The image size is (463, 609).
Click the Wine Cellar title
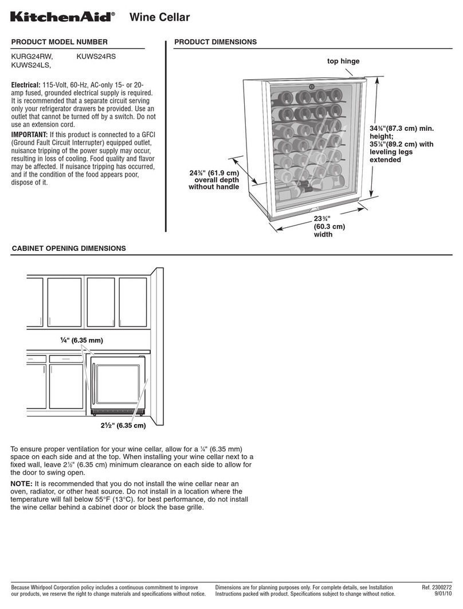(159, 18)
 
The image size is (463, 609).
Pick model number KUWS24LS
(32, 66)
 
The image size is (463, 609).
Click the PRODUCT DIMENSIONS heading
(215, 42)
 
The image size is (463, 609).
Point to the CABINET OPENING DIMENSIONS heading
(69, 249)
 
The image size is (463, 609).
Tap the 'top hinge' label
(343, 61)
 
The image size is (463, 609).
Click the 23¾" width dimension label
(329, 226)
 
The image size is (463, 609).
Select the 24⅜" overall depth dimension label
(214, 179)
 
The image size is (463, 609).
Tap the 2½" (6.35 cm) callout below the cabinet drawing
(120, 425)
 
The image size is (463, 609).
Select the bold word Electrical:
(29, 85)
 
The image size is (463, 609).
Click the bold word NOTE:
(24, 484)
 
